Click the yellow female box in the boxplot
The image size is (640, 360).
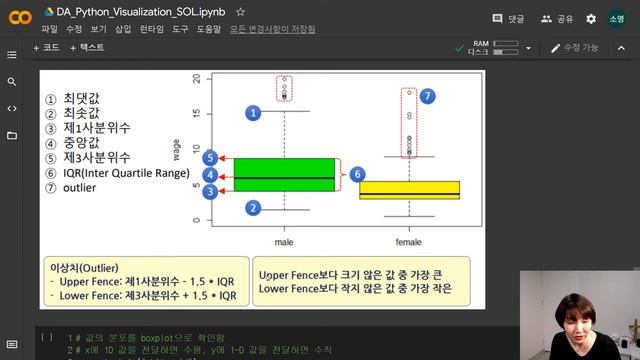click(409, 190)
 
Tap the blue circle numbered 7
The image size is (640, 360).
click(428, 96)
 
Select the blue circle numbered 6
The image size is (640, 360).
click(357, 174)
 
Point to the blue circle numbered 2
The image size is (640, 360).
click(253, 207)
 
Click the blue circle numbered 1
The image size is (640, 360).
click(253, 113)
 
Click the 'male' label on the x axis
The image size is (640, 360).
click(285, 242)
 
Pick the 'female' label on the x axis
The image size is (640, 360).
click(409, 242)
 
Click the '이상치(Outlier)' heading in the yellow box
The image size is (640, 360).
click(85, 268)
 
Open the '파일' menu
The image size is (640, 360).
click(49, 29)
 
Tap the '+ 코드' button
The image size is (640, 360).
click(47, 47)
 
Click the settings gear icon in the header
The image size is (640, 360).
click(591, 18)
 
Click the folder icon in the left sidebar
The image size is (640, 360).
click(12, 135)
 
